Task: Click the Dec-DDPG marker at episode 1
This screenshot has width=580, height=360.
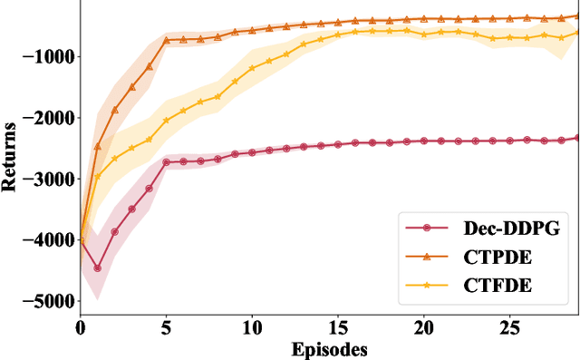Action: click(98, 268)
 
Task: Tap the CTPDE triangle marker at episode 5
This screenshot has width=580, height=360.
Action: click(166, 40)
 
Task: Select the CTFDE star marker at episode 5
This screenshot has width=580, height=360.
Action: click(166, 121)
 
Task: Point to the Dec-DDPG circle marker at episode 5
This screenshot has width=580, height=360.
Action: click(166, 162)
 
